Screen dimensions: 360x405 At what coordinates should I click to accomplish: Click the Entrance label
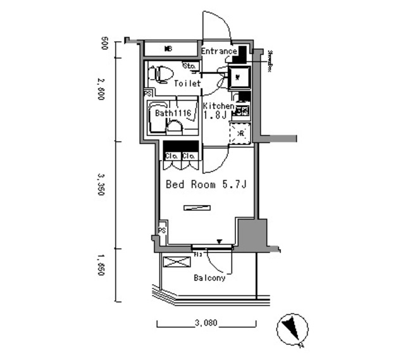click(219, 51)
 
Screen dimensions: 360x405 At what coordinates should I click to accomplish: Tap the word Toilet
click(187, 84)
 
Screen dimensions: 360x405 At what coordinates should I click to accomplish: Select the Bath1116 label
click(174, 114)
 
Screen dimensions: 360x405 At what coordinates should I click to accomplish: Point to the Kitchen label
click(218, 106)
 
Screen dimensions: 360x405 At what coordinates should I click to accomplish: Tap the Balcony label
click(209, 277)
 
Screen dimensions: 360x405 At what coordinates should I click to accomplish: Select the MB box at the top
click(169, 49)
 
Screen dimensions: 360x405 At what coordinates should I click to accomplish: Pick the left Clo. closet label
click(171, 156)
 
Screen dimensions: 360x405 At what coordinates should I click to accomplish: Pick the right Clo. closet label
click(189, 156)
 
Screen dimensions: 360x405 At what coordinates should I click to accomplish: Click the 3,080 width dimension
click(206, 323)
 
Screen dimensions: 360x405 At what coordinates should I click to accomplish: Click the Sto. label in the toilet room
click(189, 65)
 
